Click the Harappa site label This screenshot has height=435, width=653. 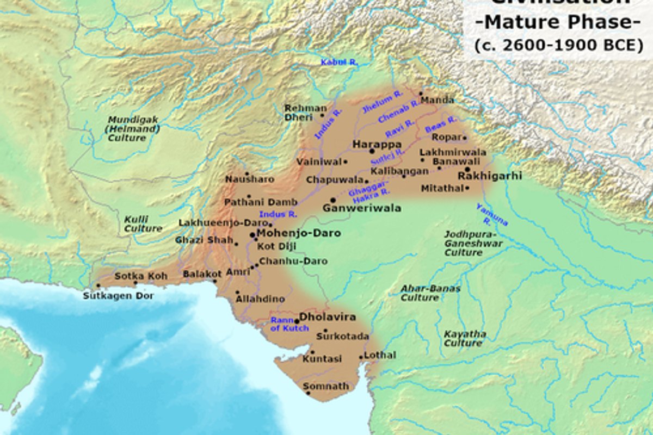(377, 145)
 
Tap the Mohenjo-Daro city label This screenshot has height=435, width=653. (299, 233)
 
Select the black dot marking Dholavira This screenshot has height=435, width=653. (297, 321)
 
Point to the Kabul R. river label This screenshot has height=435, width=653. (339, 63)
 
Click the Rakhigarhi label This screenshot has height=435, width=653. (490, 176)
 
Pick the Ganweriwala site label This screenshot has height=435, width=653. (362, 208)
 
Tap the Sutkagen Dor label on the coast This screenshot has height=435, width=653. (118, 296)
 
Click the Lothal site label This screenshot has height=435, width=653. (380, 355)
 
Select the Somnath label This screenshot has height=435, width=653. (326, 386)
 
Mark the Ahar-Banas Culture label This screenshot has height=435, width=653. (430, 293)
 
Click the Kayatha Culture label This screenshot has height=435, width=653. (464, 338)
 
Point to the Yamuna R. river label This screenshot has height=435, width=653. (491, 214)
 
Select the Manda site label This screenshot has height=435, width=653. (437, 100)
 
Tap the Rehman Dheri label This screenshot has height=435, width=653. (305, 113)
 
